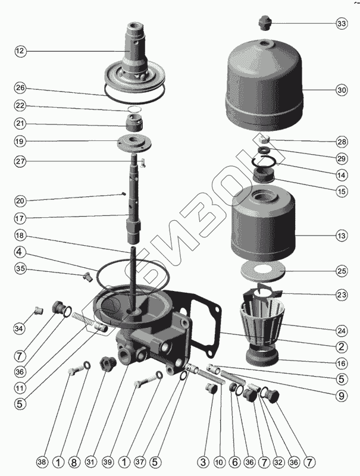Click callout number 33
[x=342, y=23]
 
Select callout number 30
[x=342, y=90]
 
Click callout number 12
[x=20, y=51]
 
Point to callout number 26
[x=20, y=88]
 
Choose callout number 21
[x=20, y=124]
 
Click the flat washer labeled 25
[x=263, y=271]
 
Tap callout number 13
[x=342, y=235]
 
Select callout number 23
[x=342, y=295]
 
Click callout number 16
[x=342, y=363]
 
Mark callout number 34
[x=20, y=328]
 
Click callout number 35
[x=20, y=268]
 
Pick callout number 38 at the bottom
[x=42, y=462]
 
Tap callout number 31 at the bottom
[x=91, y=462]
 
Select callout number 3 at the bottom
[x=203, y=462]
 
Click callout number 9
[x=342, y=396]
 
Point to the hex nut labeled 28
[x=265, y=140]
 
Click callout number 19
[x=20, y=141]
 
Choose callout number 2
[x=342, y=346]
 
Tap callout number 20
[x=20, y=201]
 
